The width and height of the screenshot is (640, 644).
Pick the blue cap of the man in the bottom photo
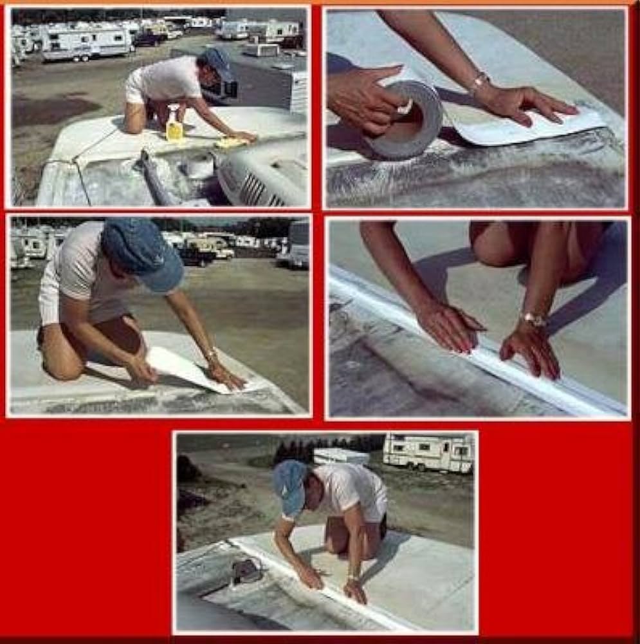(x=290, y=486)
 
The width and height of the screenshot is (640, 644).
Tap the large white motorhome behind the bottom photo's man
(x=428, y=453)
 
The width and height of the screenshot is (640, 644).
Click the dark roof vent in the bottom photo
(x=246, y=570)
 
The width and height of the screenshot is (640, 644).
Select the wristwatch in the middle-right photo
(x=533, y=319)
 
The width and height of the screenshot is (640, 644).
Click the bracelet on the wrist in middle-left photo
(x=210, y=354)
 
